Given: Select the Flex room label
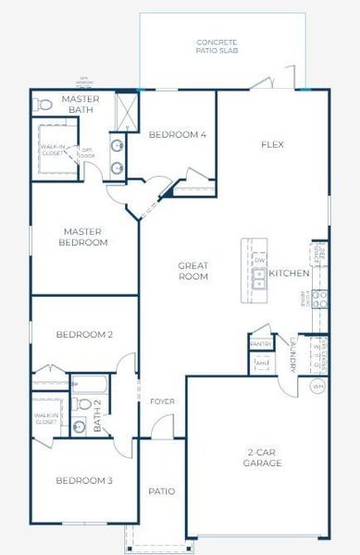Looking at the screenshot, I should pos(271,144).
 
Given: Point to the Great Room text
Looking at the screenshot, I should pos(193,271).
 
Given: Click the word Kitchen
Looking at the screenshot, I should pos(289,274).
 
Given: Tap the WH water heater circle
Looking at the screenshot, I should pos(317,386).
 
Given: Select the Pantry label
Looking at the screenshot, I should pos(260,344).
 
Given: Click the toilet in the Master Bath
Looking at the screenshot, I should pos(42,104).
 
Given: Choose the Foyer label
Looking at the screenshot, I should pos(162,401).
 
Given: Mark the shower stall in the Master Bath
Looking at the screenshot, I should pos(124,111).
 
